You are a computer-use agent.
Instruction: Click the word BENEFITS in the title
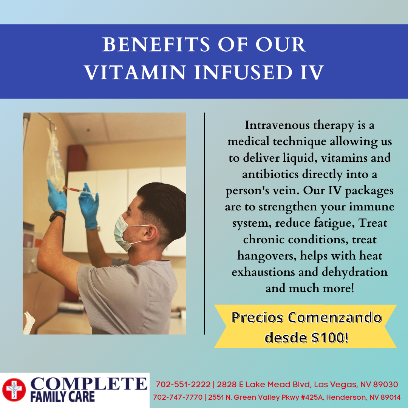tap(156, 45)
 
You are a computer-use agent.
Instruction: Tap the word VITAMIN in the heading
tap(135, 72)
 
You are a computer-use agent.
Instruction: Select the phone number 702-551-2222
tap(183, 384)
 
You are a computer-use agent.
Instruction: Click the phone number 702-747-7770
tap(178, 397)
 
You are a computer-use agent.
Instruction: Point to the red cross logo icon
tap(14, 390)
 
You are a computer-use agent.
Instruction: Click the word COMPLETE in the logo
tap(89, 384)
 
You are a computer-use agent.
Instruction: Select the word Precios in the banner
tap(257, 317)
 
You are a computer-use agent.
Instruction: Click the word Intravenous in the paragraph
tap(277, 125)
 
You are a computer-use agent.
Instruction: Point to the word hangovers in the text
tap(267, 256)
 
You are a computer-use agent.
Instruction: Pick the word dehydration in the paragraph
tap(355, 272)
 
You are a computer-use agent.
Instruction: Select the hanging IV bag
tap(56, 160)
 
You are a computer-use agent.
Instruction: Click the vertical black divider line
tap(204, 224)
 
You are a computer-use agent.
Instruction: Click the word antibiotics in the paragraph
tap(270, 174)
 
